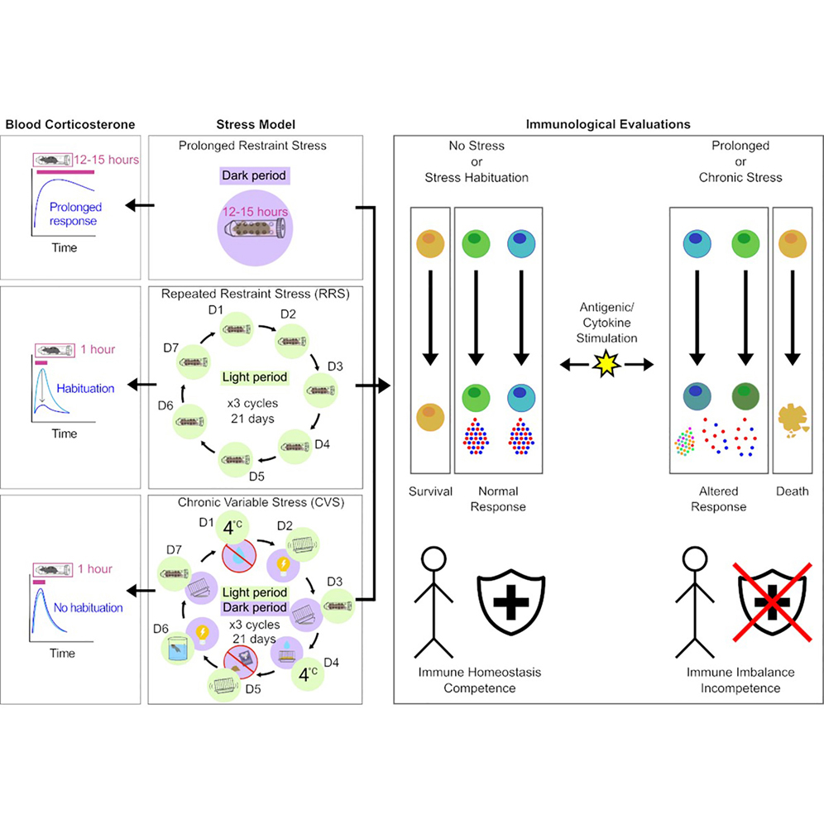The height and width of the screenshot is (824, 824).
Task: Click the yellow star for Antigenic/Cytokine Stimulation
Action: coord(604,362)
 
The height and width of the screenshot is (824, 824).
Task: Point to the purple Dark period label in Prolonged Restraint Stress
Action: coord(254,176)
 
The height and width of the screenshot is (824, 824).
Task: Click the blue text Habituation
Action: coord(85,388)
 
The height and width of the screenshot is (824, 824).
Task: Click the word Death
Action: coord(792,491)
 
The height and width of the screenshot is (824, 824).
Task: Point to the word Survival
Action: coord(430,491)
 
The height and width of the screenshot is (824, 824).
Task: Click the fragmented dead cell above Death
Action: coord(792,419)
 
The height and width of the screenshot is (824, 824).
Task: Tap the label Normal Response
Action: coord(498,499)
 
